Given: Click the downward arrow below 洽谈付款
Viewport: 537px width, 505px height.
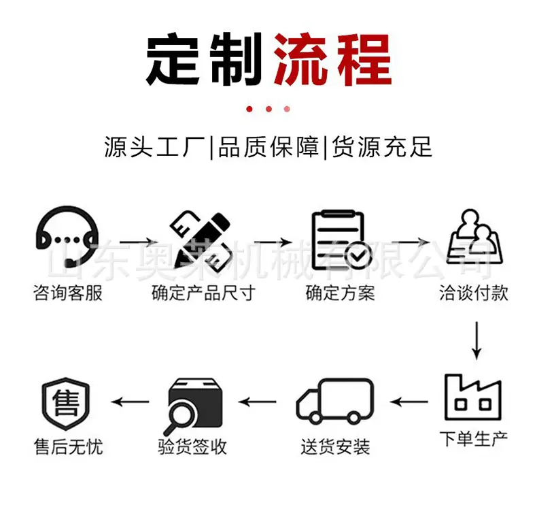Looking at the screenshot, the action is coord(477,340).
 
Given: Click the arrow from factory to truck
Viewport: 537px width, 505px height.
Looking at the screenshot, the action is coord(409,402).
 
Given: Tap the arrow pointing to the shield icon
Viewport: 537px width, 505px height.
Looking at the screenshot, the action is coord(131,402).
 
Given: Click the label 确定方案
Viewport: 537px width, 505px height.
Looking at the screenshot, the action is coord(340,293).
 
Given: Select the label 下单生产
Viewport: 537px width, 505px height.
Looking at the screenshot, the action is coord(474,439).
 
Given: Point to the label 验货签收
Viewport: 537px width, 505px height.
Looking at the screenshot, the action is coord(192,446).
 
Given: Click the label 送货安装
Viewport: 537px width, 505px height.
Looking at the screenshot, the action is coord(335,446).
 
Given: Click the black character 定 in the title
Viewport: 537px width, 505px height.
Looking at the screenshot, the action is coord(173,59).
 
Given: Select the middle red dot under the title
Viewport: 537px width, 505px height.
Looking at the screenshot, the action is coord(269,109).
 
